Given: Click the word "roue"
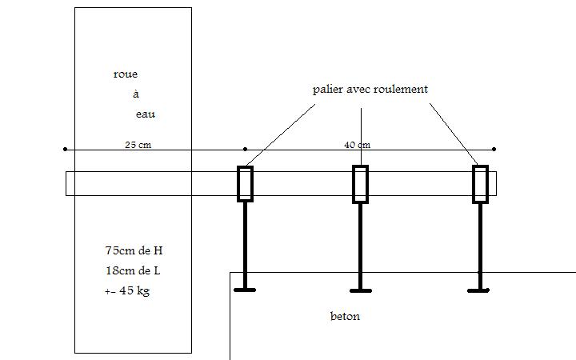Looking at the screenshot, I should (x=126, y=74).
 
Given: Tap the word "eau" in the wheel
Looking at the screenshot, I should (x=145, y=114).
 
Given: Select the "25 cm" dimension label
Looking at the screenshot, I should (x=138, y=145).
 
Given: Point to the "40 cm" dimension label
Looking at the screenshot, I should (x=357, y=145).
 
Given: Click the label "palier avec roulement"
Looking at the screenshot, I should (x=370, y=89).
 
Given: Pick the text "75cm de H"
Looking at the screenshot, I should (x=134, y=250).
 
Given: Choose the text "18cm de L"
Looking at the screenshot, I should (x=133, y=270).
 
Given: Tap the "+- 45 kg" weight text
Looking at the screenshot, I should (x=127, y=290).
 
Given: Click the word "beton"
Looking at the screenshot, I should (x=345, y=316).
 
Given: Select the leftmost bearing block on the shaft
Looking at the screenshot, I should (x=245, y=183).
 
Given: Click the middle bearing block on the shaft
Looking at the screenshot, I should (x=361, y=183).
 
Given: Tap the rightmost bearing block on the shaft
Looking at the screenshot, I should (x=480, y=183).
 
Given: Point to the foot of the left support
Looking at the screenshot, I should (x=245, y=290).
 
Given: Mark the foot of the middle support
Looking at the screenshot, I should (x=361, y=290).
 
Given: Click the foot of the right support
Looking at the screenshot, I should (x=480, y=290).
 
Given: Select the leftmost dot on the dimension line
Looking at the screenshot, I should (x=65, y=149).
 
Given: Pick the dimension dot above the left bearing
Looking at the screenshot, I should (x=245, y=149).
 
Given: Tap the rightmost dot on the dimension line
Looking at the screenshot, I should (x=494, y=149).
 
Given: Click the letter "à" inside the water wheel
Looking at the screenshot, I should (x=136, y=94).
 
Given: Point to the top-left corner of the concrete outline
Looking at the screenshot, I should (x=230, y=273).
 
